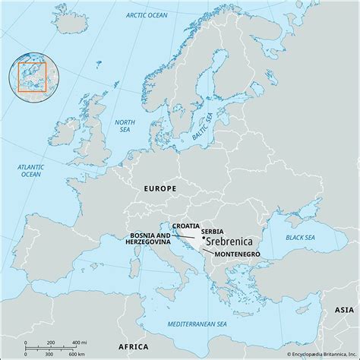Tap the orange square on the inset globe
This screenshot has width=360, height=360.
click(x=33, y=77)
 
